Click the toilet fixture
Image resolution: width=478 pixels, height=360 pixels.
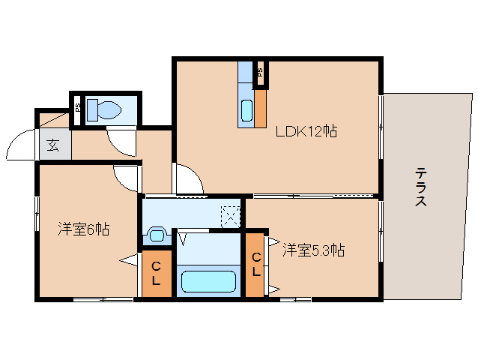tap(103, 110)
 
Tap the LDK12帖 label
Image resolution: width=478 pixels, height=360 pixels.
tap(306, 132)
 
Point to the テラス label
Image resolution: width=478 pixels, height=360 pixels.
tap(422, 187)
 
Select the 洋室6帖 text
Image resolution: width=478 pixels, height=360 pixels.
tap(84, 229)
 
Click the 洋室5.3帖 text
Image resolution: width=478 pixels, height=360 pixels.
tap(313, 250)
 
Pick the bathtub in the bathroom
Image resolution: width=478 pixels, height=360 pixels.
tap(209, 282)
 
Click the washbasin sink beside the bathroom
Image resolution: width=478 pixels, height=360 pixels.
tap(157, 235)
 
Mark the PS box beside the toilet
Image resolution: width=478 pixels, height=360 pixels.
tap(77, 108)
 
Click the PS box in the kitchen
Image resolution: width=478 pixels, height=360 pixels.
tap(260, 73)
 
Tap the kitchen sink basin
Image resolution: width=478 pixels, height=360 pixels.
tap(246, 110)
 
